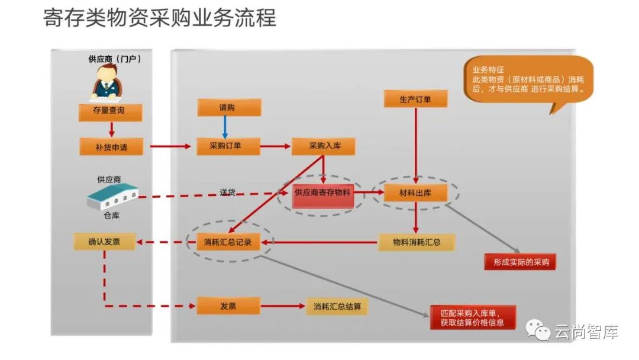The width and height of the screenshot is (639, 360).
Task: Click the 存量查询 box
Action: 110,111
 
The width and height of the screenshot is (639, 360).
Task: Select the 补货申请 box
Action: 111,146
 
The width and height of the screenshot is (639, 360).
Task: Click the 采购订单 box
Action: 228,146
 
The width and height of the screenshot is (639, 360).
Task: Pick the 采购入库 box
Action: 323,146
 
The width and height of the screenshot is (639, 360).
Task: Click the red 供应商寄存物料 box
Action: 322,192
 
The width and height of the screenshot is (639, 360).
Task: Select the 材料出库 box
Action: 415,192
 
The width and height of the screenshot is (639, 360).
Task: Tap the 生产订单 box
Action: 415,99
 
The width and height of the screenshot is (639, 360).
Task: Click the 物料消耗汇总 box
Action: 416,242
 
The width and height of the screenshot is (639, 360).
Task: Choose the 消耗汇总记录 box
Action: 228,242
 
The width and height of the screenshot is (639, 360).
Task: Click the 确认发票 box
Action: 104,241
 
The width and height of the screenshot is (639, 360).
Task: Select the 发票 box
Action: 228,306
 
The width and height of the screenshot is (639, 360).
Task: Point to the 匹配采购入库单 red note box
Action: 472,317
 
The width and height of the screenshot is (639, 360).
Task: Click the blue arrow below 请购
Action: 225,127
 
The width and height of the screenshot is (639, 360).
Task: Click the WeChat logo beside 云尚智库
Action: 539,332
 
